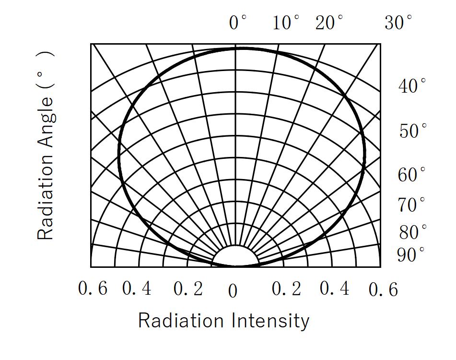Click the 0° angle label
(238, 23)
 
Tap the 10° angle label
(286, 23)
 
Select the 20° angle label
(329, 23)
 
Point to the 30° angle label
(398, 23)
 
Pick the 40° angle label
(412, 86)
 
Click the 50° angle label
(412, 131)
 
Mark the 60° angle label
(411, 175)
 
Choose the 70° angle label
(411, 205)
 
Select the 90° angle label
(411, 255)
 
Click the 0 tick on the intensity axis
(233, 291)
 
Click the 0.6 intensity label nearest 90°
(383, 289)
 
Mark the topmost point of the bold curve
(242, 48)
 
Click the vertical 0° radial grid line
(235, 144)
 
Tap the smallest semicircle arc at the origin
(235, 246)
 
